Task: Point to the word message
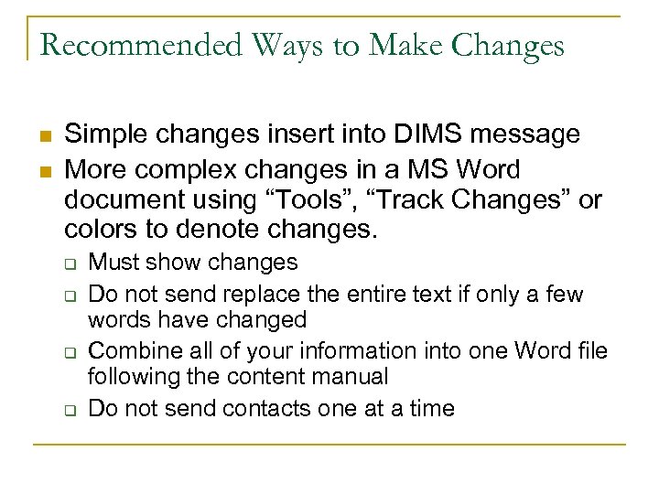(527, 134)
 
